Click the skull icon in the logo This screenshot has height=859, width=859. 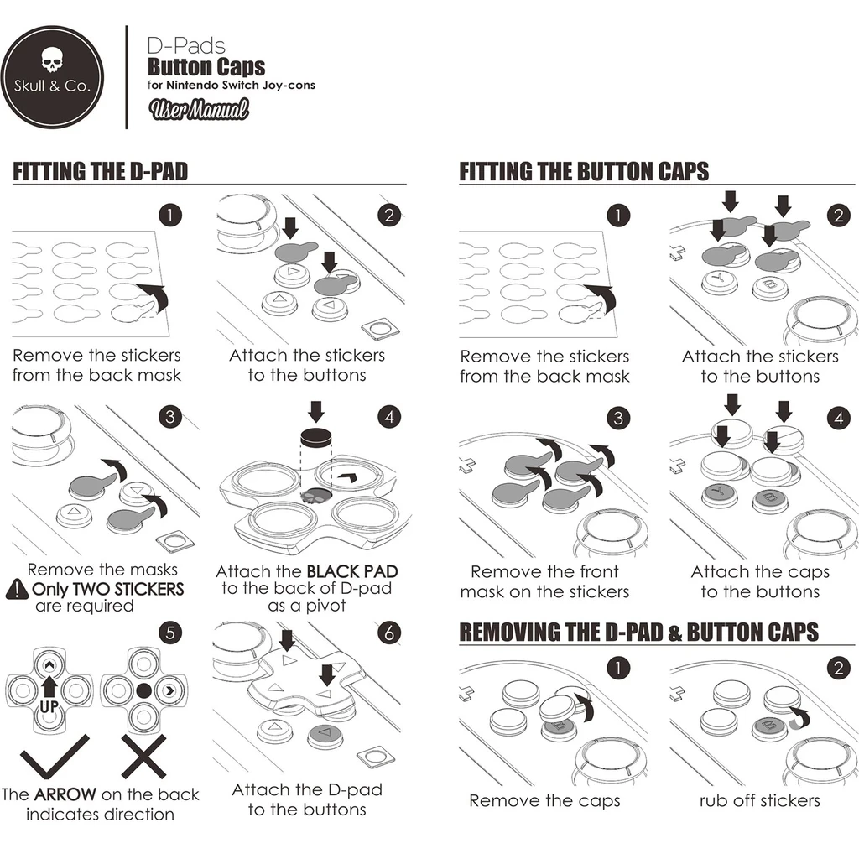point(52,60)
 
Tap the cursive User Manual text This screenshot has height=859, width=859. point(198,109)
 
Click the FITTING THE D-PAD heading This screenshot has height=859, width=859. point(101,172)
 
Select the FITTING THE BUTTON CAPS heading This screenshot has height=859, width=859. point(584,172)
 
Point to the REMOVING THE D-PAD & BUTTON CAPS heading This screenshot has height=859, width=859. point(638,632)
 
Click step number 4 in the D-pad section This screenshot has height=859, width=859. point(388,417)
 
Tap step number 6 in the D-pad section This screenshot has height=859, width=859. point(388,633)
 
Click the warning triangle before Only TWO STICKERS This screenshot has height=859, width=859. point(17,590)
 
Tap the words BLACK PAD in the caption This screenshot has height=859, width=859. point(351,572)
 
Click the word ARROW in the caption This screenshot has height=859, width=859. point(65,794)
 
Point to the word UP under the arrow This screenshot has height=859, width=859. point(49,708)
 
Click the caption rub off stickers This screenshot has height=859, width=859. point(759,800)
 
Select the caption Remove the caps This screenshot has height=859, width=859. point(544,800)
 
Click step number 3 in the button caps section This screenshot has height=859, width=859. point(617,417)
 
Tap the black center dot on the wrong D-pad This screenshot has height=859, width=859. point(143,690)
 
